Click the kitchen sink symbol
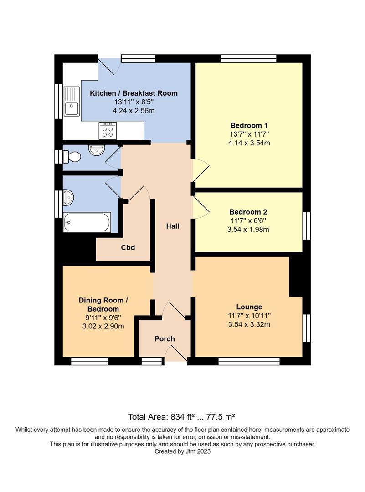click(x=72, y=101)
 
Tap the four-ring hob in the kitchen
click(x=108, y=131)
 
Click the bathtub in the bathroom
click(x=87, y=222)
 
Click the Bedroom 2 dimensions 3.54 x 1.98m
click(x=248, y=230)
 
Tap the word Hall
click(x=172, y=226)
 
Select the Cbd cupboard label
click(x=128, y=248)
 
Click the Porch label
click(x=165, y=339)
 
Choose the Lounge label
click(x=249, y=307)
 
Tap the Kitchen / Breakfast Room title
click(x=134, y=93)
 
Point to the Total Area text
click(x=181, y=416)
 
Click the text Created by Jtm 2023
click(x=182, y=451)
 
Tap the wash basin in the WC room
click(x=97, y=149)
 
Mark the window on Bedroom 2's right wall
click(x=307, y=225)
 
